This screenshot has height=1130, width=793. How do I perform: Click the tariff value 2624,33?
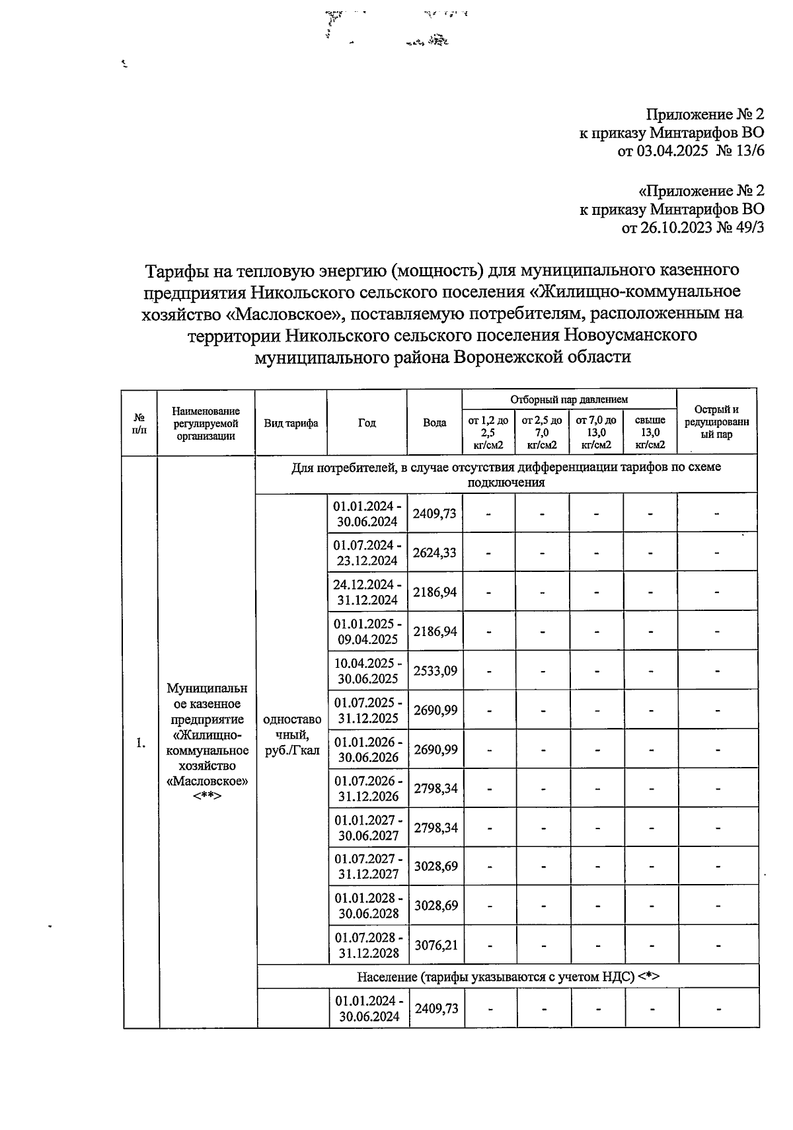435,553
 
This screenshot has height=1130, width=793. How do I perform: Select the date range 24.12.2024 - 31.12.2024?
367,592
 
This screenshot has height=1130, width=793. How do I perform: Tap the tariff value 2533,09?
435,670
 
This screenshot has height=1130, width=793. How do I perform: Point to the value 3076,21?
435,945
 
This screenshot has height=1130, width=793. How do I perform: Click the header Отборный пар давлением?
569,399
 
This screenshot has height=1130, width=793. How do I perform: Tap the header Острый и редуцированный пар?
716,422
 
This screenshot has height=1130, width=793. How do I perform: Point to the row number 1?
140,743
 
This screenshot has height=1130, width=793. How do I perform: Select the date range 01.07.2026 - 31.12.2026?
368,788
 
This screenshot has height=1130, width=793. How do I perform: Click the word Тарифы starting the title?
174,270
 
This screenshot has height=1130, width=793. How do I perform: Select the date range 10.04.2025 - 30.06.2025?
367,670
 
